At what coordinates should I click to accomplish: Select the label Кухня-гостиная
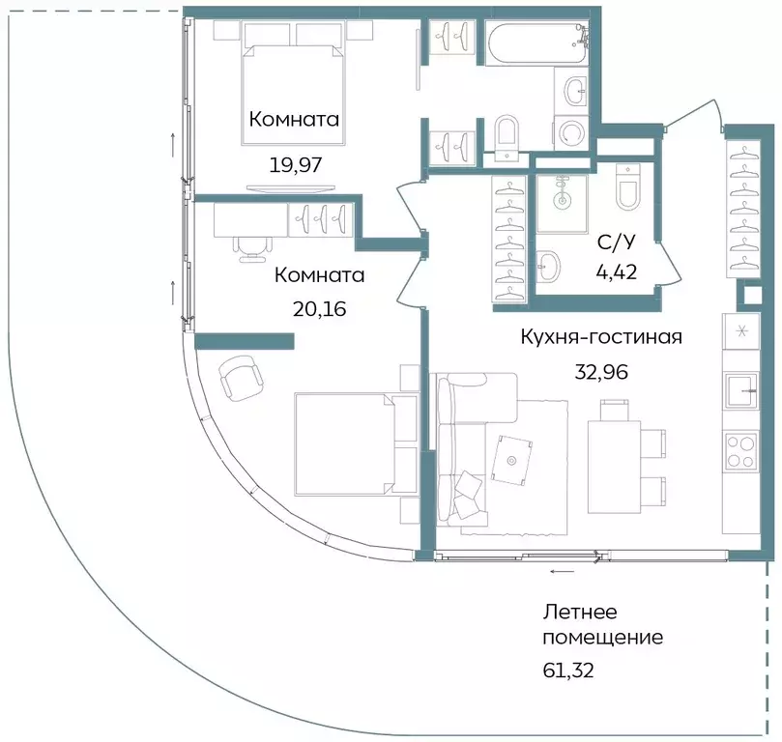601,337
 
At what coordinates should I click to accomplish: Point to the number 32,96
603,371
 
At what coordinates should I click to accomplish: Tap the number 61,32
566,669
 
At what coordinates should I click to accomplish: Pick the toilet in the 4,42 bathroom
627,189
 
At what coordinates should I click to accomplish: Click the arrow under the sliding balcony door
559,572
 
